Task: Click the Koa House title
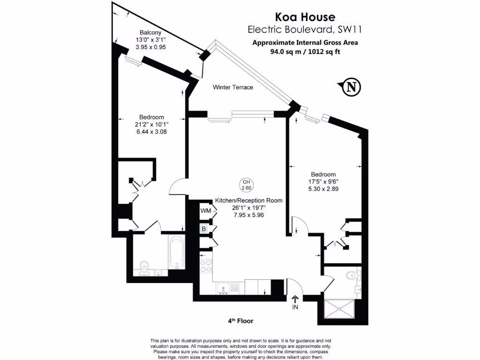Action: tap(305, 17)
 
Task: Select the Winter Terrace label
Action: tap(233, 87)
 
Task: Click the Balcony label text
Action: tap(150, 32)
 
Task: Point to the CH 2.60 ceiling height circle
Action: tap(246, 185)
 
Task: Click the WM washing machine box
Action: tap(205, 211)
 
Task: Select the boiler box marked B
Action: tap(204, 229)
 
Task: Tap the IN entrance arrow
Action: tap(295, 303)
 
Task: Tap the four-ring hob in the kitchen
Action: tap(206, 266)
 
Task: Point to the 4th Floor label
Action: tap(240, 321)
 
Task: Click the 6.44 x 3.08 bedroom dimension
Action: tap(151, 132)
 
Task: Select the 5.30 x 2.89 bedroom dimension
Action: tap(322, 189)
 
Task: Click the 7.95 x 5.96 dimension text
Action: tap(249, 215)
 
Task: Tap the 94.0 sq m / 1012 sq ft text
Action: tap(305, 52)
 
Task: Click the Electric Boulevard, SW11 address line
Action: tap(305, 30)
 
